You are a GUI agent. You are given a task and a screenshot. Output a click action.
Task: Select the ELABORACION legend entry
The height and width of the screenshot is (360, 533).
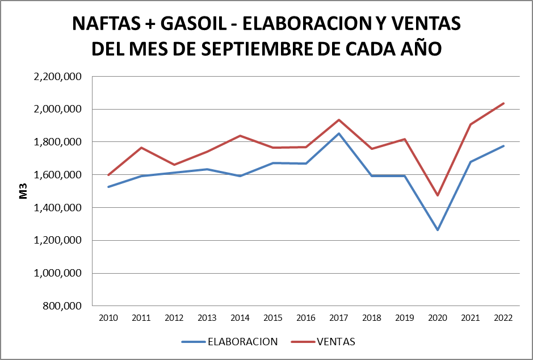point(242,342)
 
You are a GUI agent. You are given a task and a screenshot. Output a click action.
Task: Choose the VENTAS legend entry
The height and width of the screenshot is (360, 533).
point(336,342)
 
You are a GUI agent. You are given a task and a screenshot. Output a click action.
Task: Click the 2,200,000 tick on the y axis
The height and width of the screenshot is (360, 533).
point(58,76)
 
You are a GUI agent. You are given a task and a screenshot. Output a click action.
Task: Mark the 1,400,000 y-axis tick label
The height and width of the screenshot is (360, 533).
point(58,208)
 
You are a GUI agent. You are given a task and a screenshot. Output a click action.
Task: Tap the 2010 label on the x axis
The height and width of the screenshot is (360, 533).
point(108,318)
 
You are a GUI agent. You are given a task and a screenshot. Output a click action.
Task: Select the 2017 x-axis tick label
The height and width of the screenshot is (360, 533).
point(338,318)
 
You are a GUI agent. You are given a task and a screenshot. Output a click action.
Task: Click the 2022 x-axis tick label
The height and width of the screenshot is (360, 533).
point(503,318)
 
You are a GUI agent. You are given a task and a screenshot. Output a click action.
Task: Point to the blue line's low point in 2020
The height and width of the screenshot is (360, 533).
point(437,230)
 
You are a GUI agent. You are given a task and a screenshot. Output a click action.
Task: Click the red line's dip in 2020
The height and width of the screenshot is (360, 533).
point(437,195)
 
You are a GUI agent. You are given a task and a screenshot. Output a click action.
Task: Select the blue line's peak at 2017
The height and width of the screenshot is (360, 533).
point(338,133)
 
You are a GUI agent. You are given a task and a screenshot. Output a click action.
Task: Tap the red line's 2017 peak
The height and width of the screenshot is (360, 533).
point(338,120)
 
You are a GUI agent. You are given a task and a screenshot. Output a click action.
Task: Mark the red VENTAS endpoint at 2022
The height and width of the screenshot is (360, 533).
point(503,103)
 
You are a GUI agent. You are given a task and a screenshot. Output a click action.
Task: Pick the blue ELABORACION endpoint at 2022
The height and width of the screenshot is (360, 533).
point(503,146)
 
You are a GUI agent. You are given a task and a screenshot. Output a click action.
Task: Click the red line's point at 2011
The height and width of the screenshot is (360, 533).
point(141,148)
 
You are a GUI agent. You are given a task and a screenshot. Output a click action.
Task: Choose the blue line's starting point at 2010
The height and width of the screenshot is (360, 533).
point(108,187)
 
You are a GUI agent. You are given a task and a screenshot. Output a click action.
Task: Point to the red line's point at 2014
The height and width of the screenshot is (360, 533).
point(240,136)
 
